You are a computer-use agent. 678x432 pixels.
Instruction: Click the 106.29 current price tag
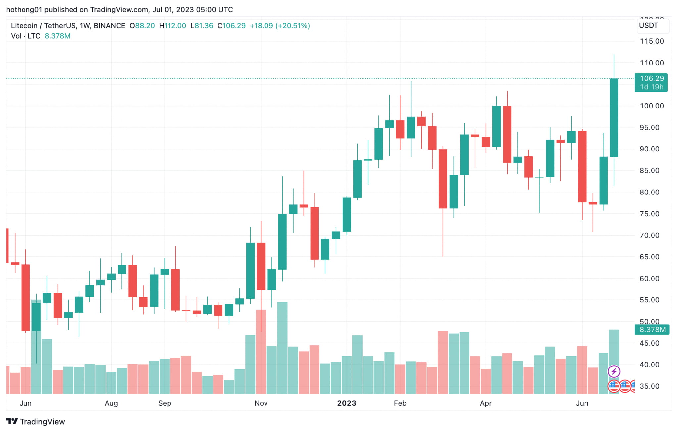651,79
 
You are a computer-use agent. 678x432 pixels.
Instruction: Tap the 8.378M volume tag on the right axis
652,330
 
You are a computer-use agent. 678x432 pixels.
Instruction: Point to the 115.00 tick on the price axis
652,41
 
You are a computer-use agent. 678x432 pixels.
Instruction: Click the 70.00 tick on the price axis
649,235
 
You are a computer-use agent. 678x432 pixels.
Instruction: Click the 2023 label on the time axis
346,403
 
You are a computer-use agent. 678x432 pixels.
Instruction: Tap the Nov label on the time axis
261,403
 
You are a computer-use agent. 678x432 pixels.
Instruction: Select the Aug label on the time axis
111,403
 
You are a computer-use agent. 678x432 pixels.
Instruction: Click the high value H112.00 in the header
172,26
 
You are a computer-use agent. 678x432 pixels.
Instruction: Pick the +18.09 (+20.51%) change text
279,26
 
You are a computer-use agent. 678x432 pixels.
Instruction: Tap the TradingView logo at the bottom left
35,422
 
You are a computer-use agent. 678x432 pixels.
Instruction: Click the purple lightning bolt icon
614,371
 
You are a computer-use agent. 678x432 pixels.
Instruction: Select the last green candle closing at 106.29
614,117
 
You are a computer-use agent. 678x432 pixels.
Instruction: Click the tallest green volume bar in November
282,347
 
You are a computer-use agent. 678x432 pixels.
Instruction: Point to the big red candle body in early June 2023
582,166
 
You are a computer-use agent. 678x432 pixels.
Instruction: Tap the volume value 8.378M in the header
57,36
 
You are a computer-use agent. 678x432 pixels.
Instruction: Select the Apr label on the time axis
485,403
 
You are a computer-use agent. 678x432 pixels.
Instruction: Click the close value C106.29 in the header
231,26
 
